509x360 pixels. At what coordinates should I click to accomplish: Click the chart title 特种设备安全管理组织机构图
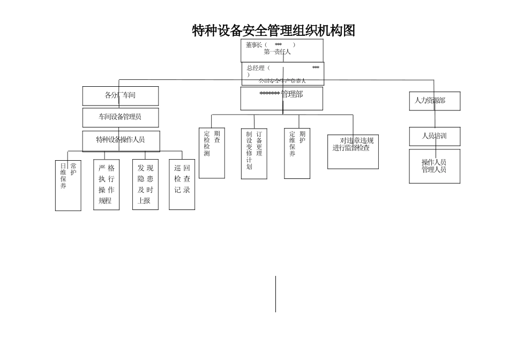273,31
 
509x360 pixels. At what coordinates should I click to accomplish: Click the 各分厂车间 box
120,96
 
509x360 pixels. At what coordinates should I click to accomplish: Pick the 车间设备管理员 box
120,117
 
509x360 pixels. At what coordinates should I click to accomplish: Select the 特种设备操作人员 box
121,140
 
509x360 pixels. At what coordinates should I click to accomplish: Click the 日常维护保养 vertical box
68,185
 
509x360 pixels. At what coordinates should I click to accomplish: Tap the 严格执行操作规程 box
106,184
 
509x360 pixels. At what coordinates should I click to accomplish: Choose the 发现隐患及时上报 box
145,184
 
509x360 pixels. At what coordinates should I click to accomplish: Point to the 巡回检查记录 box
182,184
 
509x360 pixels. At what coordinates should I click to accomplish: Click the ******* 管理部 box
281,99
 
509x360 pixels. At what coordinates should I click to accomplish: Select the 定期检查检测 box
212,153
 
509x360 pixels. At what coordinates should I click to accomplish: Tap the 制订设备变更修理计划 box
254,153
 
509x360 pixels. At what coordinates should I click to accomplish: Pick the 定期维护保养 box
297,153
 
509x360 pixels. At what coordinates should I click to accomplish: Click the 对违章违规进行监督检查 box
353,152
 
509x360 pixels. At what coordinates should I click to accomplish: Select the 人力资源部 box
435,101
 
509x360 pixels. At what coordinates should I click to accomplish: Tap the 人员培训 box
435,136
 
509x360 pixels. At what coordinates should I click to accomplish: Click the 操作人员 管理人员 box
435,166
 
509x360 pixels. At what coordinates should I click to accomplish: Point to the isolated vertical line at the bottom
276,294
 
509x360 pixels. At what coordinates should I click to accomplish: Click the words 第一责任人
277,52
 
